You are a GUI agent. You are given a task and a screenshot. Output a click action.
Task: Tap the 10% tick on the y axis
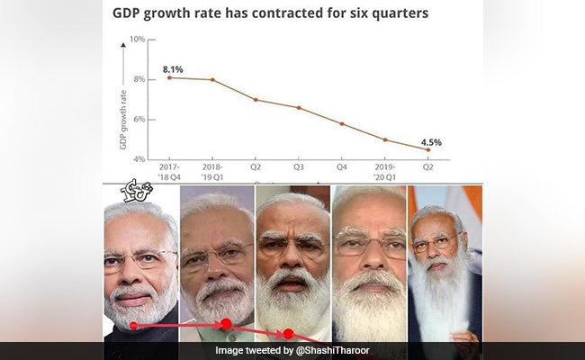click(x=138, y=40)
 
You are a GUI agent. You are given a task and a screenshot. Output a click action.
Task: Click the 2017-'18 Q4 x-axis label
click(x=169, y=172)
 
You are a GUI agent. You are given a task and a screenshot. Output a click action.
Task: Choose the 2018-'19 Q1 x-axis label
click(x=212, y=172)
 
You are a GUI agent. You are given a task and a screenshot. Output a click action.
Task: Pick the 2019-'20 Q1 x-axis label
click(x=385, y=172)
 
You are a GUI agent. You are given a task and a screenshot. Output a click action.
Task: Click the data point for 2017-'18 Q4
click(x=169, y=78)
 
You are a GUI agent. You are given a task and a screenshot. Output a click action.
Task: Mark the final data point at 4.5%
click(x=428, y=150)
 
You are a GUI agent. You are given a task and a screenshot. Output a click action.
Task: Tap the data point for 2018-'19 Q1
click(x=212, y=80)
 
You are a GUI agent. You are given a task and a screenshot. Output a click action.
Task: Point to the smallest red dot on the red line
click(x=134, y=325)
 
